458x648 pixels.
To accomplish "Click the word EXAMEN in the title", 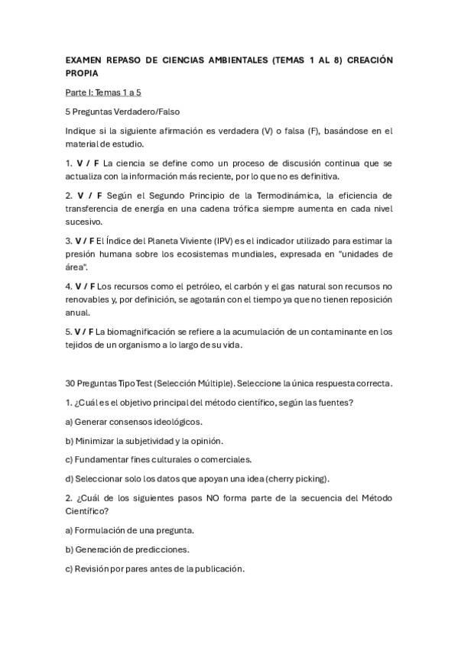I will [x=83, y=59].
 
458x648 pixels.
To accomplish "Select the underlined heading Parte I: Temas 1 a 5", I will [x=102, y=92].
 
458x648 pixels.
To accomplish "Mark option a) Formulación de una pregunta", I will [x=129, y=530].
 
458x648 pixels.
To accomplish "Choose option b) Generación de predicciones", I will [x=127, y=549].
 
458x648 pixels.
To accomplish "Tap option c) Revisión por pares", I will [x=154, y=569].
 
